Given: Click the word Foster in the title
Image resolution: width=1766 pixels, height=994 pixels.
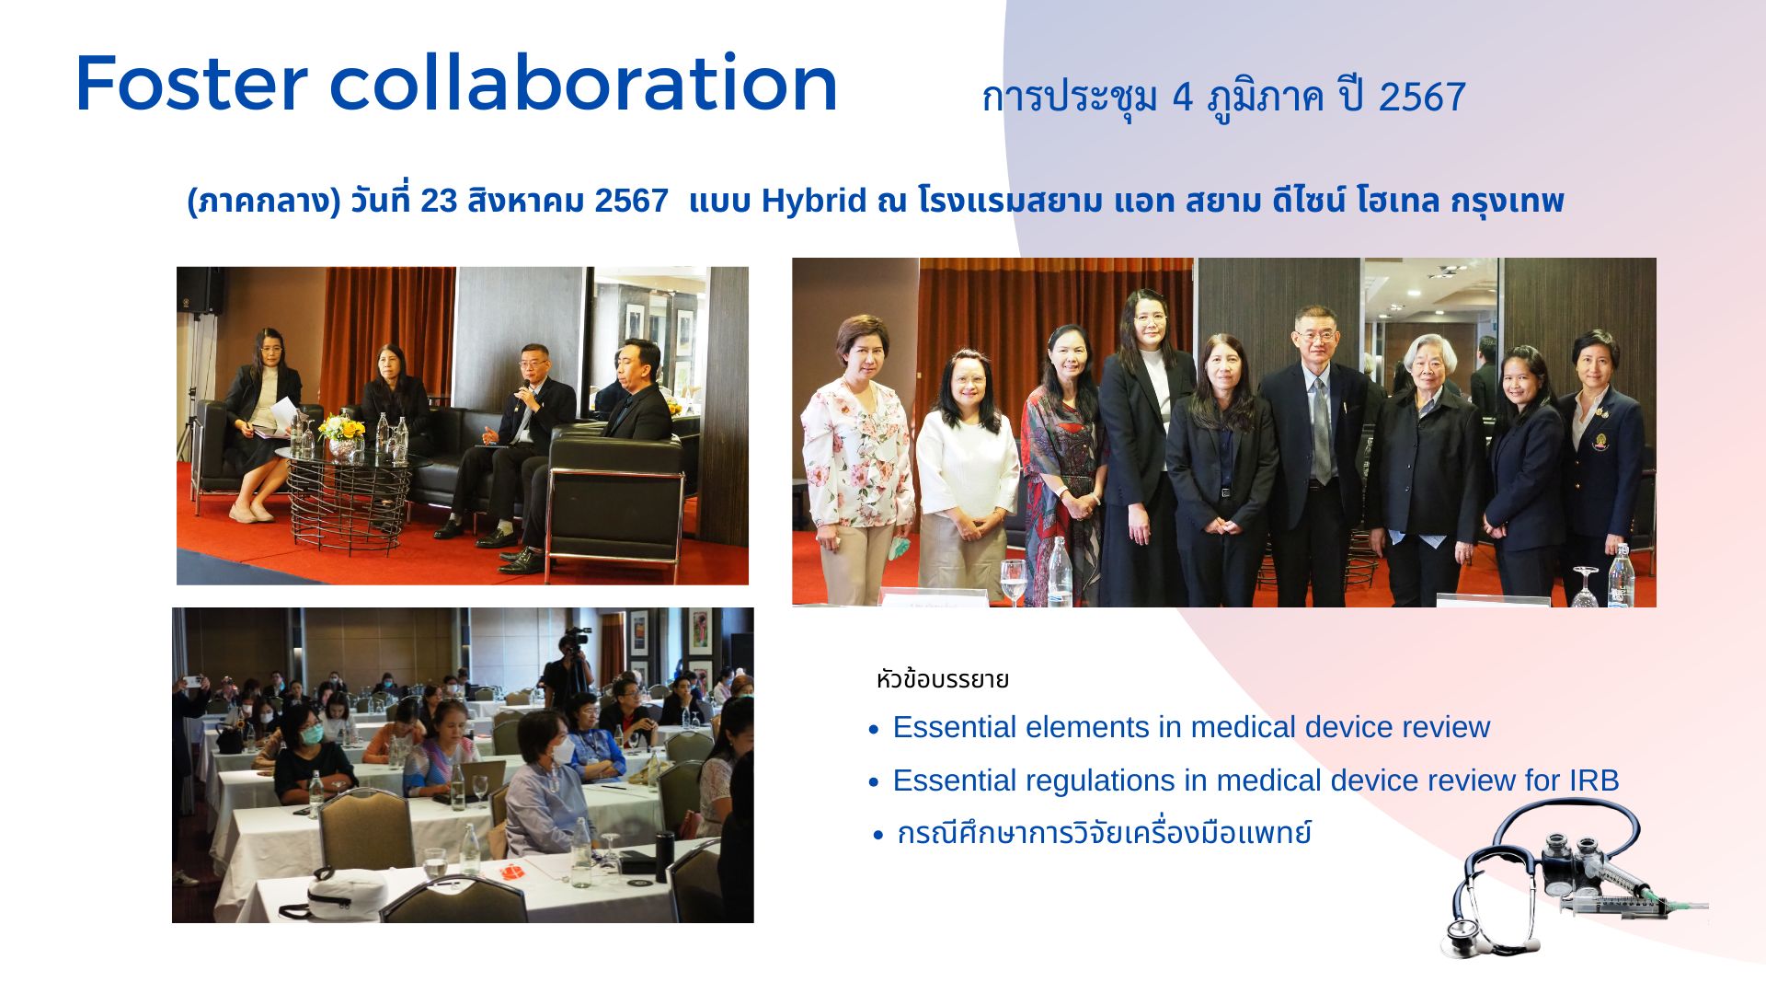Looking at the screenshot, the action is pos(191,84).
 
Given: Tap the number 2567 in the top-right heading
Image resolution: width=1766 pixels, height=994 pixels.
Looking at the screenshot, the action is pos(1422,98).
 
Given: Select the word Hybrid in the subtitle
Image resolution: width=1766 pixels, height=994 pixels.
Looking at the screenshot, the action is pos(814,201).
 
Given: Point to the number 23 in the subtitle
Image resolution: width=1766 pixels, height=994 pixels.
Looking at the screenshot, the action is pos(439,201).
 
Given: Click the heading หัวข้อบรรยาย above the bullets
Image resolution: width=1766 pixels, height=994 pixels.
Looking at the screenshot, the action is pos(943,680).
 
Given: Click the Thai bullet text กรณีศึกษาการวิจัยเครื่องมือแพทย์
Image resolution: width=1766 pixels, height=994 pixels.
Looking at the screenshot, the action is pos(1104,833).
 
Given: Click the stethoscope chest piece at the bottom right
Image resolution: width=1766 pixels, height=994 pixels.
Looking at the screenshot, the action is pos(1469,936).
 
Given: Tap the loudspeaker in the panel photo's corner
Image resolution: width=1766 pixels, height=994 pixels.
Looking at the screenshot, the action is pos(200,291).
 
